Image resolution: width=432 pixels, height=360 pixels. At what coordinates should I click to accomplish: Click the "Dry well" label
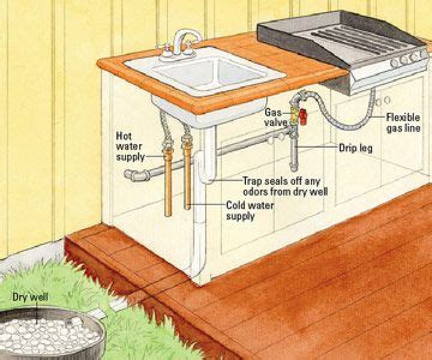pyautogui.click(x=31, y=298)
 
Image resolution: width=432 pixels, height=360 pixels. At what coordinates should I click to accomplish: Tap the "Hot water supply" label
pyautogui.click(x=130, y=146)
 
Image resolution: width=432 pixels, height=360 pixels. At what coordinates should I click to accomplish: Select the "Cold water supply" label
pyautogui.click(x=250, y=211)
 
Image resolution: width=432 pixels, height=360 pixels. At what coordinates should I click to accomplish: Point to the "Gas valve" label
pyautogui.click(x=273, y=118)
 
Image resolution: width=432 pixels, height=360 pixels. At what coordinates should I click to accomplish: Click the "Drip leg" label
pyautogui.click(x=355, y=148)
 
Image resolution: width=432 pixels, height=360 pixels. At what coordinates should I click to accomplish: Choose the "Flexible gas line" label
pyautogui.click(x=403, y=122)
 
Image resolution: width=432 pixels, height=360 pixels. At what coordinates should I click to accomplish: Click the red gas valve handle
pyautogui.click(x=303, y=116)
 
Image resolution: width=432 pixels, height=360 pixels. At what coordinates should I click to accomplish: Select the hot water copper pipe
pyautogui.click(x=168, y=185)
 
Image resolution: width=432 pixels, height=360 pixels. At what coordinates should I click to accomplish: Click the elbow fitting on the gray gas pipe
pyautogui.click(x=131, y=175)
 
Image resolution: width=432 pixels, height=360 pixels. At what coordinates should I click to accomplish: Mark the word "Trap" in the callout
pyautogui.click(x=253, y=181)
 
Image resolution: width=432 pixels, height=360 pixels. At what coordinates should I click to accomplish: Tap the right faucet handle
pyautogui.click(x=188, y=48)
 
